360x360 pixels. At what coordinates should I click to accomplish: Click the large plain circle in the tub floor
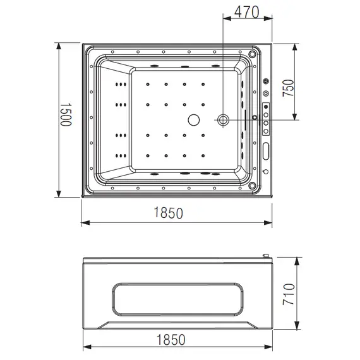point(193,119)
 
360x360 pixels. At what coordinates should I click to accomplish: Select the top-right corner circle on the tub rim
point(253,54)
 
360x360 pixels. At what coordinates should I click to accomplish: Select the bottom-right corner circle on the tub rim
point(253,186)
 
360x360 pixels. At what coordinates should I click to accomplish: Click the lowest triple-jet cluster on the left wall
point(118,154)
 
